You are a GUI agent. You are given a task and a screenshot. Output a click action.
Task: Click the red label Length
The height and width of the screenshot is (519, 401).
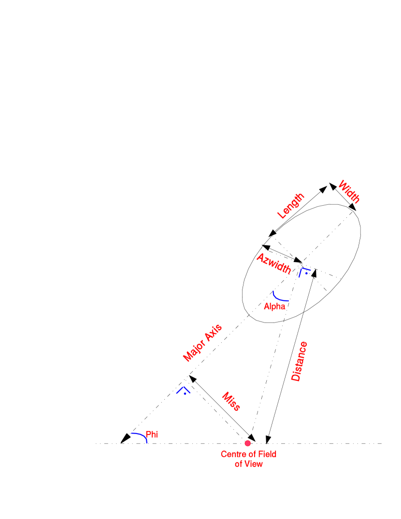coord(290,206)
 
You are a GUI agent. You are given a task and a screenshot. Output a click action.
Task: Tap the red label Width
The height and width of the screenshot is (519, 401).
coord(349,192)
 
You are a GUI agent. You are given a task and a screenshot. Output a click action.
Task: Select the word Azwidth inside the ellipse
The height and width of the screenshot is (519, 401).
coord(274,264)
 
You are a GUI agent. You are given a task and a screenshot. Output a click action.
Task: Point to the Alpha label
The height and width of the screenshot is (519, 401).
coord(274,307)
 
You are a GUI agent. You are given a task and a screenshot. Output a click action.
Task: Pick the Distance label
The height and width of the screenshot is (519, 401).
coord(299,361)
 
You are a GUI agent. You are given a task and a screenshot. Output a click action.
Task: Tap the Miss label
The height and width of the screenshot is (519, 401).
coord(231,402)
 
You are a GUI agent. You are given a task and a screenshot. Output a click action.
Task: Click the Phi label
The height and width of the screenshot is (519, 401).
coord(152,435)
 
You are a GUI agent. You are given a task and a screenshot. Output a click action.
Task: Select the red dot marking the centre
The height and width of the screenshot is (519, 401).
coord(248,443)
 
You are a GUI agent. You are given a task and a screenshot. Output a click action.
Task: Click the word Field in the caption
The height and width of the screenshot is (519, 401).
coord(266,454)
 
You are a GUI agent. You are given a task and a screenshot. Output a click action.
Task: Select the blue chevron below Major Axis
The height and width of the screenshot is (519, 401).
coord(183,390)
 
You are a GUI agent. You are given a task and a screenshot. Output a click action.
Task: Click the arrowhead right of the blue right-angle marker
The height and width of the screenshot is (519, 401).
coord(314,273)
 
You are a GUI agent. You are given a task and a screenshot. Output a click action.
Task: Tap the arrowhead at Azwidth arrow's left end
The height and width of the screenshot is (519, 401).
coord(266,248)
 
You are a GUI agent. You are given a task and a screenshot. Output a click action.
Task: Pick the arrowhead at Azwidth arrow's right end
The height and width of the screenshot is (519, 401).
coord(298,260)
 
